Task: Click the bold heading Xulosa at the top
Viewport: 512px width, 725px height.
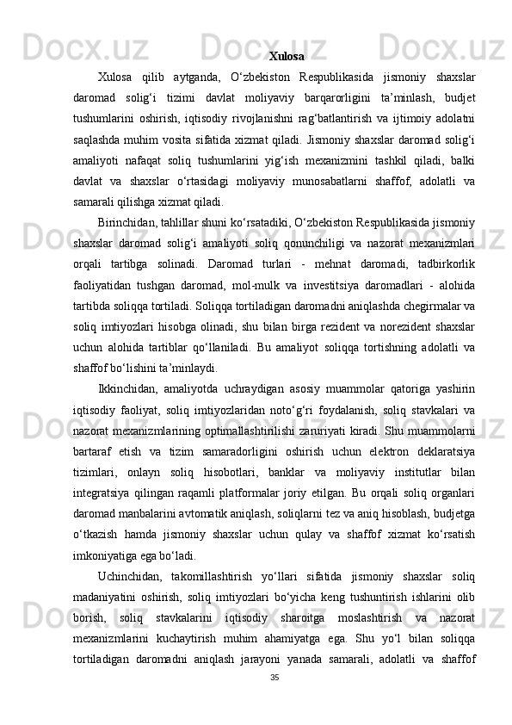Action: coord(286,57)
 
